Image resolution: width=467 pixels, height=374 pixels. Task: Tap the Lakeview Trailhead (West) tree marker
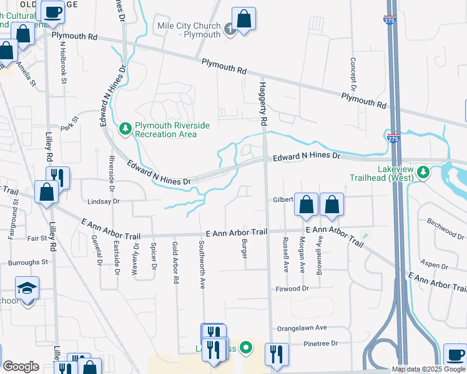[423, 171]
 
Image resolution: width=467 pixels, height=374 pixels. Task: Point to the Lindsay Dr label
[103, 201]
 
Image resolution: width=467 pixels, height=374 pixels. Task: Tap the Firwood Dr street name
[292, 289]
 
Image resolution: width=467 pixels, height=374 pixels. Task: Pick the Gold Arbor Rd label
[175, 263]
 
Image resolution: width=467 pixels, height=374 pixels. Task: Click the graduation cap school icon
[27, 288]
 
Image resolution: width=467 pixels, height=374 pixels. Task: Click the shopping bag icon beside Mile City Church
[243, 18]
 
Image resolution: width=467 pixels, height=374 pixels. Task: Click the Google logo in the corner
[21, 367]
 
